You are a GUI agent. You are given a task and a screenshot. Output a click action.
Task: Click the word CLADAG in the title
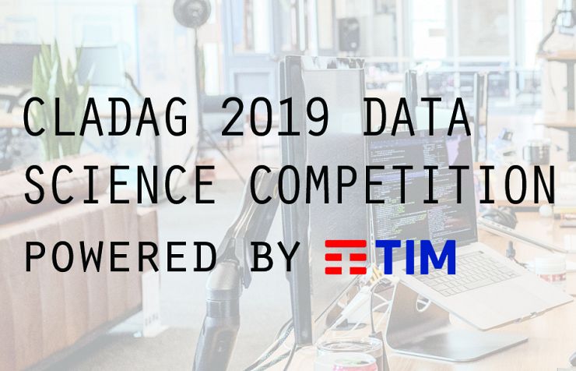tap(105, 117)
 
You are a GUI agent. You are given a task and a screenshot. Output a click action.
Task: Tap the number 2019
tap(275, 117)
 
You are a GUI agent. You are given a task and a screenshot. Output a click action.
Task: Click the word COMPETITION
tap(402, 185)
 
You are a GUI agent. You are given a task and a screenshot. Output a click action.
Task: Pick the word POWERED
tap(121, 256)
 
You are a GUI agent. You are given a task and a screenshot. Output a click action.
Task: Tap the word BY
tap(275, 256)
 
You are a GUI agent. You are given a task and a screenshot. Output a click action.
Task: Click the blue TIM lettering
tap(416, 257)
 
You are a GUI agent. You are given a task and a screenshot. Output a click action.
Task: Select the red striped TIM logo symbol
tap(346, 257)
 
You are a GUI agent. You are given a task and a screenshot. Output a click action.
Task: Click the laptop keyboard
tap(466, 272)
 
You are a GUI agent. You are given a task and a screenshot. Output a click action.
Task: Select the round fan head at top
tap(192, 12)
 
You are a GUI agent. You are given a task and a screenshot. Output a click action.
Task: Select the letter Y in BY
tap(288, 256)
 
